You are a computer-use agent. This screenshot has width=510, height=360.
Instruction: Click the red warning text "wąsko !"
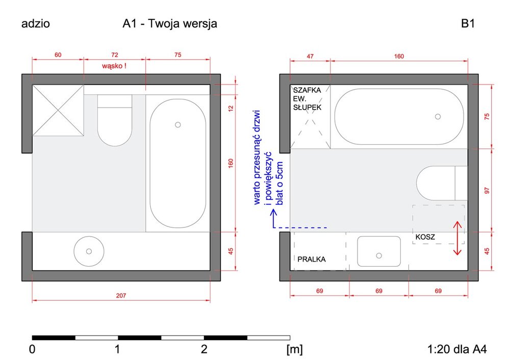[114, 66]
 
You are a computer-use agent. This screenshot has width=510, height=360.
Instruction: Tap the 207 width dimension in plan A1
[120, 295]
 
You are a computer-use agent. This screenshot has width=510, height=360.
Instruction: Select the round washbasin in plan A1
[89, 251]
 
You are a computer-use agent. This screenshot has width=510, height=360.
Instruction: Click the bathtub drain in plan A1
[178, 124]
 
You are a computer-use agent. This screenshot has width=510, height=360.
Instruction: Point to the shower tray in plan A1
[58, 111]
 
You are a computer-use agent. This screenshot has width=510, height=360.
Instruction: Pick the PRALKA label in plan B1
[311, 259]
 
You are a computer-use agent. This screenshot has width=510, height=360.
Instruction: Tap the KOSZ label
[425, 237]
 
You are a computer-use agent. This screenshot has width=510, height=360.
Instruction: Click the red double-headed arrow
[457, 238]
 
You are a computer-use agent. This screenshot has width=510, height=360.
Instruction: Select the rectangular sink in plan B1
[378, 251]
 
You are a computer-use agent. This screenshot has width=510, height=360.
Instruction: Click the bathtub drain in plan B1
[438, 117]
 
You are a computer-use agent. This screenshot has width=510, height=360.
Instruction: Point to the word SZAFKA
[307, 90]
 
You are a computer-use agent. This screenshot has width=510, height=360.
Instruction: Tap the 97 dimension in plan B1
[487, 190]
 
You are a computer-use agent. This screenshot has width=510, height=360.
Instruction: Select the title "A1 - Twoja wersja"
[170, 24]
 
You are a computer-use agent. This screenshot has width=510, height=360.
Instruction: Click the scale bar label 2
[204, 350]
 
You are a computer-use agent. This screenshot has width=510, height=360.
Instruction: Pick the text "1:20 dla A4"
[456, 350]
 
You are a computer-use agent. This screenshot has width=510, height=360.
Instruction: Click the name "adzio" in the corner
[35, 24]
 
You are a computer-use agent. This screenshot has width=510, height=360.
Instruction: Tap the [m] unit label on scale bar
[295, 350]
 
